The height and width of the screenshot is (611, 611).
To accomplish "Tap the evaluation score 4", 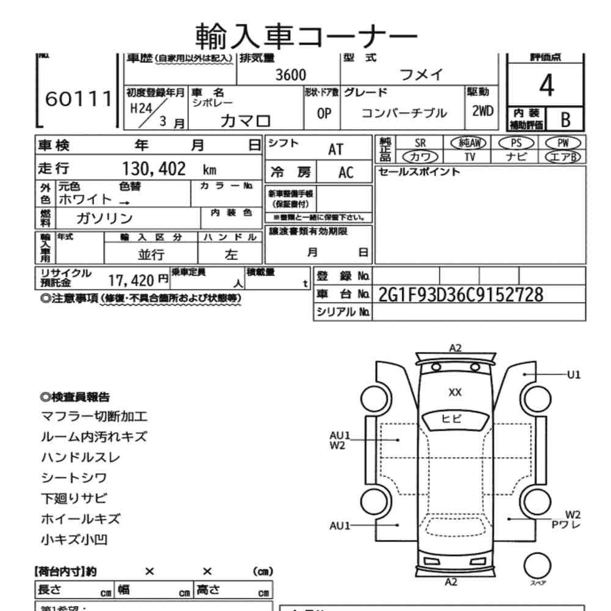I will pos(547,86).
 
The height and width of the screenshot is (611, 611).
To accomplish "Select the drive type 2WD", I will pos(482,113).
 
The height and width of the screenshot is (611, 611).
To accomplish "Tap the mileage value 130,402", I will pos(155,169).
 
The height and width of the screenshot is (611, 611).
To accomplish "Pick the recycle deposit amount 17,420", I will pos(130,281).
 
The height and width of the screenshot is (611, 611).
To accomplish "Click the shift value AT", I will pos(337,148).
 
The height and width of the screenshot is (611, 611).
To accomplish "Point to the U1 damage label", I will pos(574,374).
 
